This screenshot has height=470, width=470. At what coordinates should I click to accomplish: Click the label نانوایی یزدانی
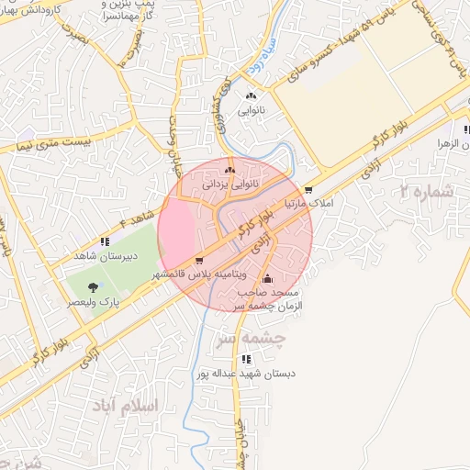[x=230, y=184]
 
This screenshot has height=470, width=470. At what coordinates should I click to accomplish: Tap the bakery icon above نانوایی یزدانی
[x=230, y=170]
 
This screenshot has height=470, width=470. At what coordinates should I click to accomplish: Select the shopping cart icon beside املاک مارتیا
[x=309, y=190]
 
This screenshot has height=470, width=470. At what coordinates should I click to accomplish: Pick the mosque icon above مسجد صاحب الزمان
[x=268, y=279]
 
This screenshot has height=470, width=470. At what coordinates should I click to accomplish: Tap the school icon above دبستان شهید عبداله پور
[x=245, y=360]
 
